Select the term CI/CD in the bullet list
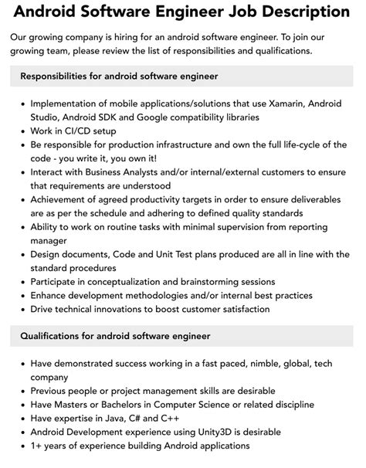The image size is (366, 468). click(x=83, y=131)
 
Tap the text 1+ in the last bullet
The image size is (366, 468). click(x=38, y=446)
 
